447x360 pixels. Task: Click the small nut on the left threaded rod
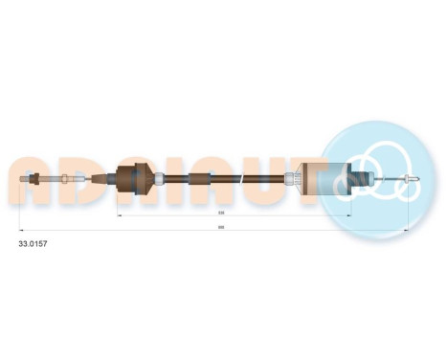(62, 177)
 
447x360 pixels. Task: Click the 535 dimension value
(221, 214)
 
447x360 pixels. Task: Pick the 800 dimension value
(221, 227)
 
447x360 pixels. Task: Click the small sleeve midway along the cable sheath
(211, 178)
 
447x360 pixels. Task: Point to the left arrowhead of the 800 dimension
(23, 231)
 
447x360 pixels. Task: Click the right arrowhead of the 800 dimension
(409, 231)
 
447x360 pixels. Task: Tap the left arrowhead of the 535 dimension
(119, 217)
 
